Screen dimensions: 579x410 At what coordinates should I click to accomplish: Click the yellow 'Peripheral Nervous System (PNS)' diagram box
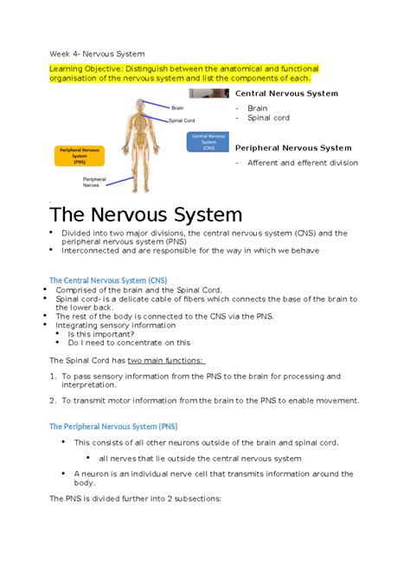pyautogui.click(x=79, y=155)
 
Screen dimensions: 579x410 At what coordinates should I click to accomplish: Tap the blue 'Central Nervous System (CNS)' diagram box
pyautogui.click(x=208, y=142)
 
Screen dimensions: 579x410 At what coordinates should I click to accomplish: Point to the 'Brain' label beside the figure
pyautogui.click(x=176, y=107)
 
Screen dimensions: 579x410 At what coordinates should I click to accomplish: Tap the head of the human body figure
pyautogui.click(x=138, y=106)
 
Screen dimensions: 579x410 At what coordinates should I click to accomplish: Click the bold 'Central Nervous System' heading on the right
pyautogui.click(x=286, y=93)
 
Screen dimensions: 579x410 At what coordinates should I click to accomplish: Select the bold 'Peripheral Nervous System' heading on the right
pyautogui.click(x=293, y=148)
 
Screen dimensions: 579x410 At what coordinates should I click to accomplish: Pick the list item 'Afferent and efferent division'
pyautogui.click(x=302, y=163)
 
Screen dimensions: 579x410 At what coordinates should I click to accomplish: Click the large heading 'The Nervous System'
pyautogui.click(x=145, y=215)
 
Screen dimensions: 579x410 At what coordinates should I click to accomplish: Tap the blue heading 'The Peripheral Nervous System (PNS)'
pyautogui.click(x=112, y=426)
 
